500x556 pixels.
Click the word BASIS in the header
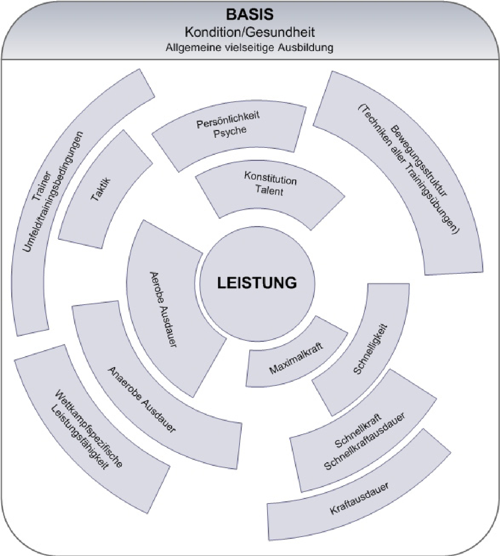point(250,15)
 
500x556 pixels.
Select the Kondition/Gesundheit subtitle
point(250,32)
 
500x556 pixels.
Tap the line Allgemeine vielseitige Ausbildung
point(250,48)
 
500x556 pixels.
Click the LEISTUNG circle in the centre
point(257,283)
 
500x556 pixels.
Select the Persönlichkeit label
point(228,119)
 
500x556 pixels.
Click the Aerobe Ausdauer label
point(163,309)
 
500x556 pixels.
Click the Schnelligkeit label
point(370,349)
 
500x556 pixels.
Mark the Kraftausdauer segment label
point(359,499)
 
